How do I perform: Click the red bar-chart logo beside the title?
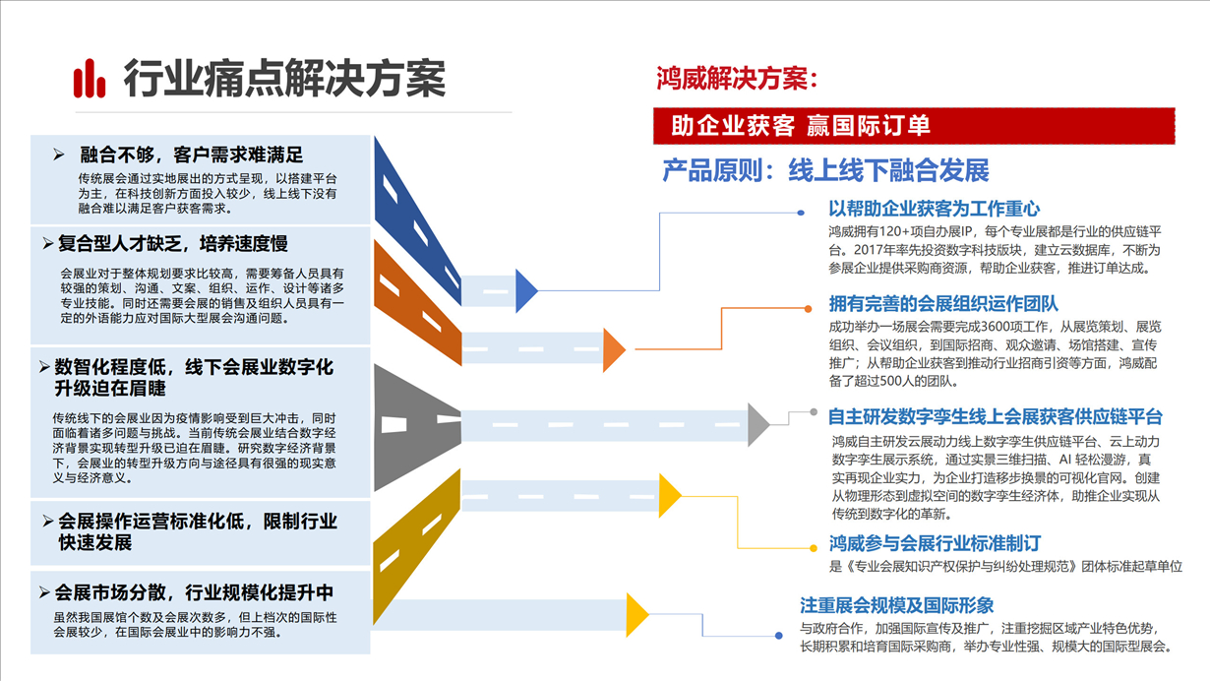pos(89,79)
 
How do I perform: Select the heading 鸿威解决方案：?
pos(737,79)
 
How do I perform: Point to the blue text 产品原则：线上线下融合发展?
pos(825,170)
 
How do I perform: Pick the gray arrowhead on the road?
pos(757,424)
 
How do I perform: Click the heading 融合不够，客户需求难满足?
pos(192,155)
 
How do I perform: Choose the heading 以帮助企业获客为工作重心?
pos(935,209)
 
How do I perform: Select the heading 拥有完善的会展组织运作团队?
pos(943,304)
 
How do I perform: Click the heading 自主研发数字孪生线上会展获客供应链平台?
pos(995,416)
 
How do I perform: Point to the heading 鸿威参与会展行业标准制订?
pos(935,543)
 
